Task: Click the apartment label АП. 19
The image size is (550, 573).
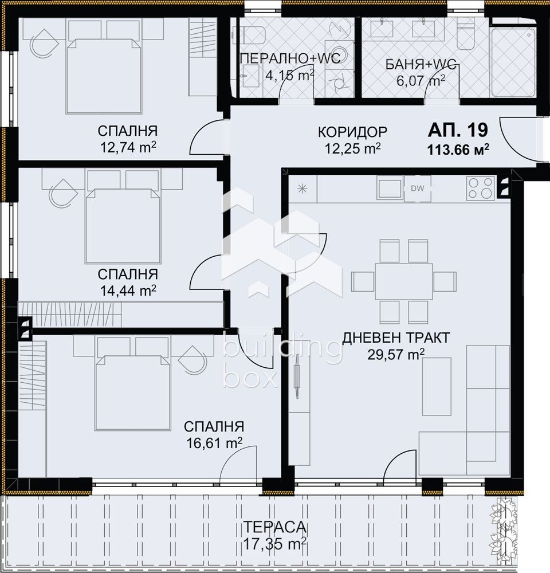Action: pos(458,131)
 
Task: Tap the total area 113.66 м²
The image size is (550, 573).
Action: pos(457,150)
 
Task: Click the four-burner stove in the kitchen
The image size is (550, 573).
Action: pos(480,189)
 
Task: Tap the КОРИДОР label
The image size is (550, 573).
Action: pos(352,132)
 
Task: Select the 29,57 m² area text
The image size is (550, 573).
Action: pos(396,354)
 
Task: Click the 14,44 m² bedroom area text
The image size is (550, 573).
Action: pos(127,291)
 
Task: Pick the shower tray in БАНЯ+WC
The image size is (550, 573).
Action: pos(513,62)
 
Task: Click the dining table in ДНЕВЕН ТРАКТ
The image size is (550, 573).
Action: pos(404,281)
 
